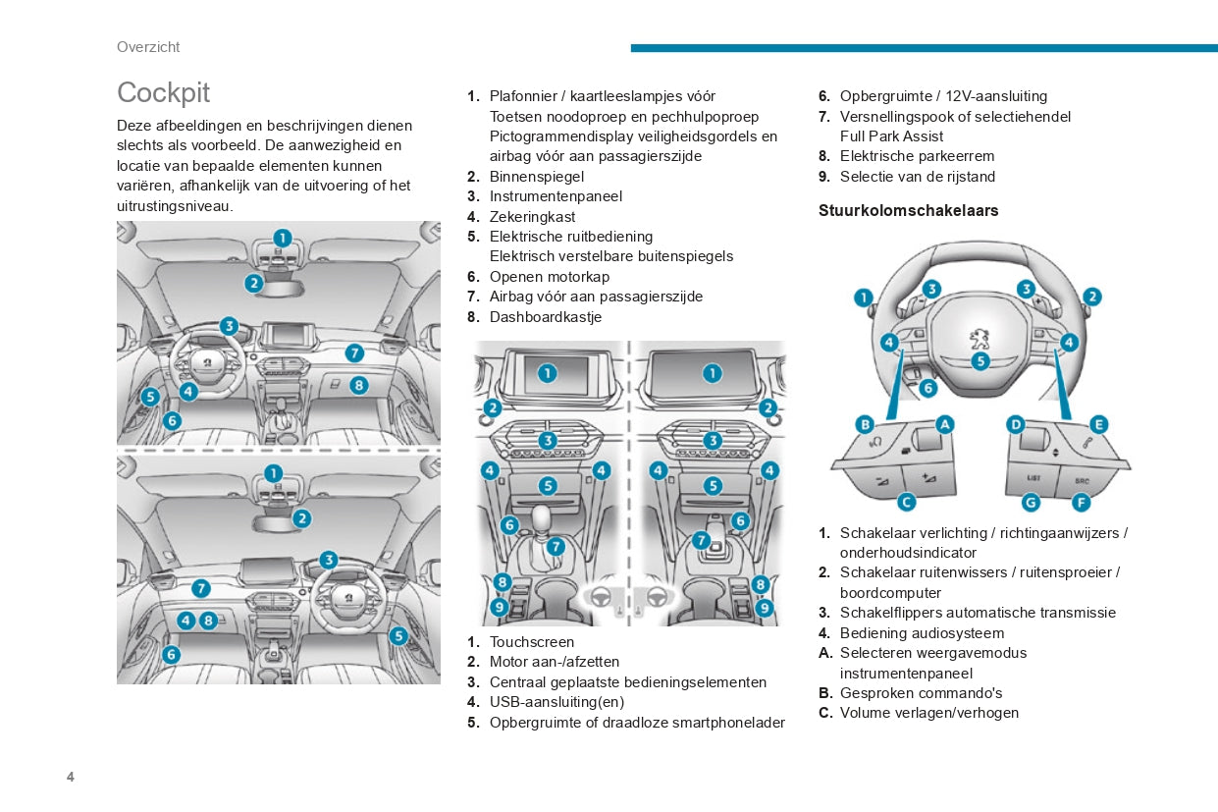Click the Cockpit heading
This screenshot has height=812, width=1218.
163,92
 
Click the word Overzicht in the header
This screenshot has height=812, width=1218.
148,47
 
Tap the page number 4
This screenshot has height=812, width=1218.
71,777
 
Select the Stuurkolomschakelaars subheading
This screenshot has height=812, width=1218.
908,210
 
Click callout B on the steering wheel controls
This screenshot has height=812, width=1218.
865,424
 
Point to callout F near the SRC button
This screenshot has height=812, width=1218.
1081,502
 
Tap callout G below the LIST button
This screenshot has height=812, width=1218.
1031,502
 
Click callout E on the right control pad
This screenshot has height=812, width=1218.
1098,424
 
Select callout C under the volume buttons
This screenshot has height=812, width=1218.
907,502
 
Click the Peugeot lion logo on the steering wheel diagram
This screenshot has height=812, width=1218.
980,339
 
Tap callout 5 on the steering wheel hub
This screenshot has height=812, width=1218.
980,361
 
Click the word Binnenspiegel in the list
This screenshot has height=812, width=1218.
537,177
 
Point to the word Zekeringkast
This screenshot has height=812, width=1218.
533,217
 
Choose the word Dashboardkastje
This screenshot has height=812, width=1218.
546,317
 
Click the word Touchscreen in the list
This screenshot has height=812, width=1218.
532,642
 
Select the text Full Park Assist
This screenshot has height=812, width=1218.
891,136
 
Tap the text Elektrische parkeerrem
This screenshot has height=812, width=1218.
917,156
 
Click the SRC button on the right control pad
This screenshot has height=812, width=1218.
1082,480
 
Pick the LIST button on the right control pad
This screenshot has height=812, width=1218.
1033,478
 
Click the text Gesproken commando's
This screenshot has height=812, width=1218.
921,693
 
